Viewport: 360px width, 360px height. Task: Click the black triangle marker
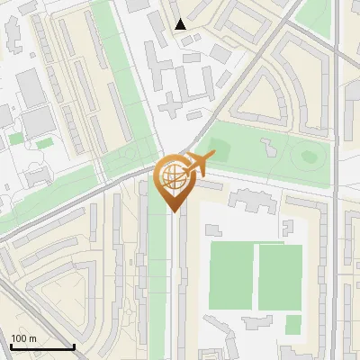(181, 24)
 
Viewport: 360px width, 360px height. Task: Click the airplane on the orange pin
(200, 164)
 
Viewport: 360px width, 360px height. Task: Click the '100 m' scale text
(23, 338)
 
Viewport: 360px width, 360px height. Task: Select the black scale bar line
(41, 346)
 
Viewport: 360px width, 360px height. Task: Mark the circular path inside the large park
(310, 156)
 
